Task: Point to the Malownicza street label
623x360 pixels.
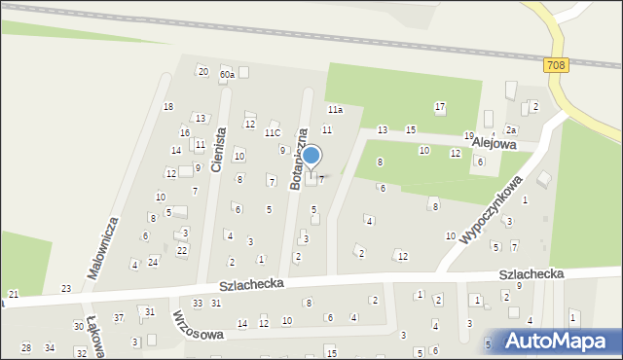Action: (103, 248)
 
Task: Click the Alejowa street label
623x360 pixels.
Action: (493, 141)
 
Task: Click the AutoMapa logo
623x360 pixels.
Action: (558, 341)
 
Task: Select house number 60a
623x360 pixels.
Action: (227, 74)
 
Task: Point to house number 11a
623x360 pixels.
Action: (335, 110)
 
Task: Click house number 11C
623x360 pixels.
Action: (273, 132)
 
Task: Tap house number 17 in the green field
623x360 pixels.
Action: (440, 106)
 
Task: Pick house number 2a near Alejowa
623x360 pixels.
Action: (510, 129)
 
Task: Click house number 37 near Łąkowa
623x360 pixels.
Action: (118, 317)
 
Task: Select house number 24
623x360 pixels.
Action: (153, 262)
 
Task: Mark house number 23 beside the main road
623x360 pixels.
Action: (66, 288)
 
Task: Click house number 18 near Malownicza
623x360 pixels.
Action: (168, 106)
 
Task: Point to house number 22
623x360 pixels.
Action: (182, 250)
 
